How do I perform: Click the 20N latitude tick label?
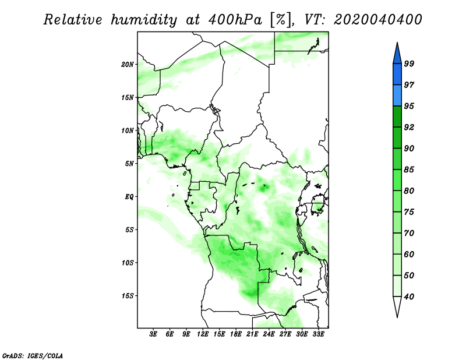(x=128, y=65)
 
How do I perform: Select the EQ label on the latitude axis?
(x=129, y=197)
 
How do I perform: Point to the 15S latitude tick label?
(x=128, y=296)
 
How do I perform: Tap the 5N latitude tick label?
(x=129, y=164)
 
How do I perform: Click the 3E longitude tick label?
(x=153, y=334)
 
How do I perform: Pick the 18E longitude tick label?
(x=236, y=334)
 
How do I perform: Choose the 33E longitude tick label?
(x=318, y=334)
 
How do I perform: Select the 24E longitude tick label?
(x=269, y=334)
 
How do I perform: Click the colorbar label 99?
(x=409, y=63)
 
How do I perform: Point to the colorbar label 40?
(x=409, y=297)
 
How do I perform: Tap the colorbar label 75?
(x=409, y=211)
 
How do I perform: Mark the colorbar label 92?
(x=409, y=127)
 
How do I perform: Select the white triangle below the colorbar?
(x=397, y=306)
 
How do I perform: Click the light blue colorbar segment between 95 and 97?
(x=397, y=96)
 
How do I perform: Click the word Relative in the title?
(x=73, y=20)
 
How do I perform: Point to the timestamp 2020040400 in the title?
(x=377, y=20)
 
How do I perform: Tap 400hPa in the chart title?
(x=235, y=20)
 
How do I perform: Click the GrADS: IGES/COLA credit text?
(x=33, y=355)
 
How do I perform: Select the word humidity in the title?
(x=144, y=20)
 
